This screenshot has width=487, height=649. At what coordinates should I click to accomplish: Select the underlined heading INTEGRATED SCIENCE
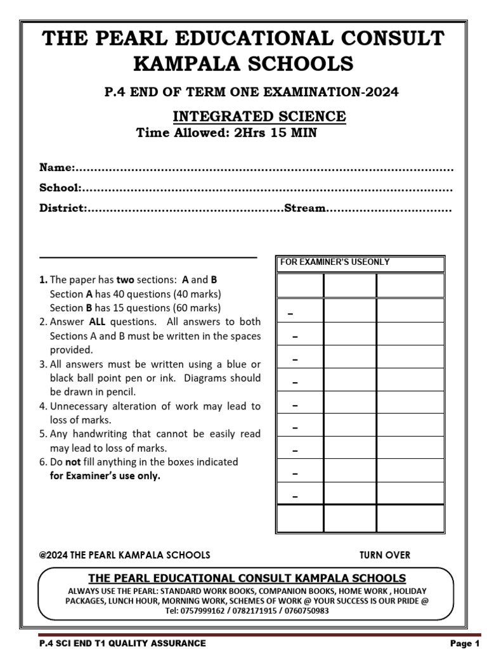(259, 117)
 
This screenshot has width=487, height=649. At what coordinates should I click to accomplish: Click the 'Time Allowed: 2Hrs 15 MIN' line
(226, 133)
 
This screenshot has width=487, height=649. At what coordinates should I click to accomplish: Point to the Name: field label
(57, 168)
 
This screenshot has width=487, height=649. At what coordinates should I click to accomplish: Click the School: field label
(60, 188)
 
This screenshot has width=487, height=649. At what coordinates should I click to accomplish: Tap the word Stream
(305, 209)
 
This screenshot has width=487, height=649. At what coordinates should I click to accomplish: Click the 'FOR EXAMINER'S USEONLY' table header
(335, 262)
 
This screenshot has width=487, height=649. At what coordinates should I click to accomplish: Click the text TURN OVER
(385, 555)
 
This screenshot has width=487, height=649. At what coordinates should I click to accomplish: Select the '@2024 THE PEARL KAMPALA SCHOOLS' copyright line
(124, 555)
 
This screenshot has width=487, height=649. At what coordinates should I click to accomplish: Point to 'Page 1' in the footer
(464, 643)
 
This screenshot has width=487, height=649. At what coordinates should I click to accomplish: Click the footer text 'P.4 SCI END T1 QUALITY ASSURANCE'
(122, 643)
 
